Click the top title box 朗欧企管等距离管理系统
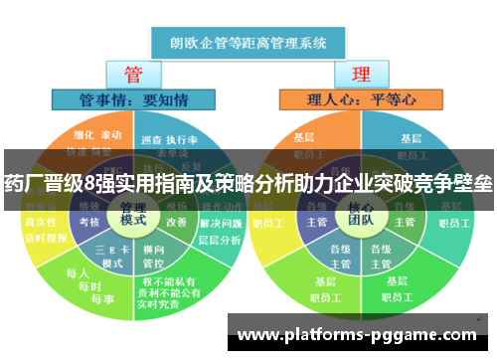248,43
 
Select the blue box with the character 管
132,75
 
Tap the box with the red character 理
361,75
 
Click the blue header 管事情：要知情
133,98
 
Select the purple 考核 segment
88,221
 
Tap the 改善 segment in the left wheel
175,221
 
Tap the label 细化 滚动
97,135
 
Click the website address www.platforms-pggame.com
359,334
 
